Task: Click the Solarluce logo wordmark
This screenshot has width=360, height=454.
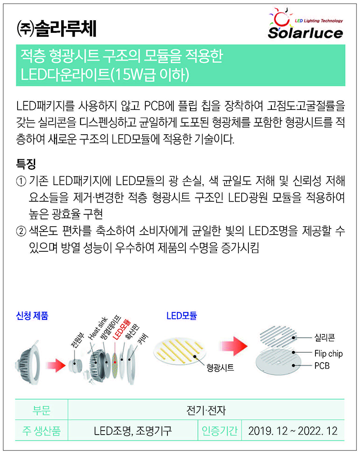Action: pyautogui.click(x=305, y=33)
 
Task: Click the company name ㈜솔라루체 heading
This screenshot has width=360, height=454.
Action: pyautogui.click(x=56, y=29)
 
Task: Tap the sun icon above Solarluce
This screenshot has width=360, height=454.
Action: pyautogui.click(x=281, y=17)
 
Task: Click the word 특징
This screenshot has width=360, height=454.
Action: pyautogui.click(x=26, y=164)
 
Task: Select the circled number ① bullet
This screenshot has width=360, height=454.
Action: pyautogui.click(x=21, y=182)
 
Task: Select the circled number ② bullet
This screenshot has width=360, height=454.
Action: pyautogui.click(x=21, y=232)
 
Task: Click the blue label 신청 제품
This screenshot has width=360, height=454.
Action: pyautogui.click(x=32, y=316)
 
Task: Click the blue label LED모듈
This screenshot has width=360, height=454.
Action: pyautogui.click(x=181, y=316)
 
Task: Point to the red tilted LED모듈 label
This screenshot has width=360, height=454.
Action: pyautogui.click(x=121, y=330)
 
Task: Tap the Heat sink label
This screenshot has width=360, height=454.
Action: pyautogui.click(x=98, y=328)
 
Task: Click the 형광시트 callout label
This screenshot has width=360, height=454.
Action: pyautogui.click(x=220, y=368)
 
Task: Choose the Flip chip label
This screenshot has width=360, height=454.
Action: pyautogui.click(x=328, y=354)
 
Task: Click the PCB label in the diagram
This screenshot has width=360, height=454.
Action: pyautogui.click(x=322, y=366)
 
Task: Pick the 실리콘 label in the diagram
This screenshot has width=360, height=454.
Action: pyautogui.click(x=325, y=337)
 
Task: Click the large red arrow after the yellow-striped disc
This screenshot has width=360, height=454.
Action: pyautogui.click(x=234, y=346)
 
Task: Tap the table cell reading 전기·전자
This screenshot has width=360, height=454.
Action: pyautogui.click(x=206, y=410)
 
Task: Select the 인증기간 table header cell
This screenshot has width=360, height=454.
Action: pyautogui.click(x=220, y=431)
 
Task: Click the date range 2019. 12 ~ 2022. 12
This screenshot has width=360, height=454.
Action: pyautogui.click(x=293, y=431)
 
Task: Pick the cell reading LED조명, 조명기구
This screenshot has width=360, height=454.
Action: pyautogui.click(x=133, y=431)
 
